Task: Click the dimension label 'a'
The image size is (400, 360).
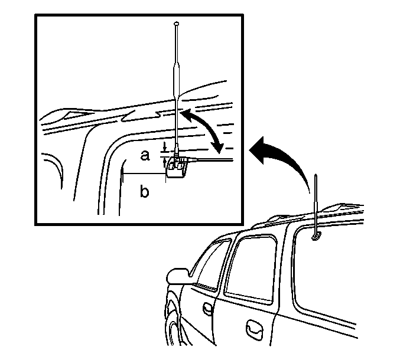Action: point(145,155)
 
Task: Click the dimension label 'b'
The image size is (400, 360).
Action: point(144,191)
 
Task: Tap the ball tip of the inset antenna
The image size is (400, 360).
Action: point(177,24)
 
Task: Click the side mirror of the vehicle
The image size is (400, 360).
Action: point(178,276)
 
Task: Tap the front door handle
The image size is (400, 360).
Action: point(207,309)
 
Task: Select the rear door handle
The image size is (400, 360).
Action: point(254,329)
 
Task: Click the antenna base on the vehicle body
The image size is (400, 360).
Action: point(316,237)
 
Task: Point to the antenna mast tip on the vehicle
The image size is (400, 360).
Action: point(316,175)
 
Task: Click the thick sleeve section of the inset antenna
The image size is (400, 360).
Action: point(176,79)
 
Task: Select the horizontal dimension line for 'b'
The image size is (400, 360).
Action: point(144,174)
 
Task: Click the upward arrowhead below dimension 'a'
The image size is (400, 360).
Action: point(164,161)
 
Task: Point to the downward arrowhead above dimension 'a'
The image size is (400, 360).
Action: point(165,148)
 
